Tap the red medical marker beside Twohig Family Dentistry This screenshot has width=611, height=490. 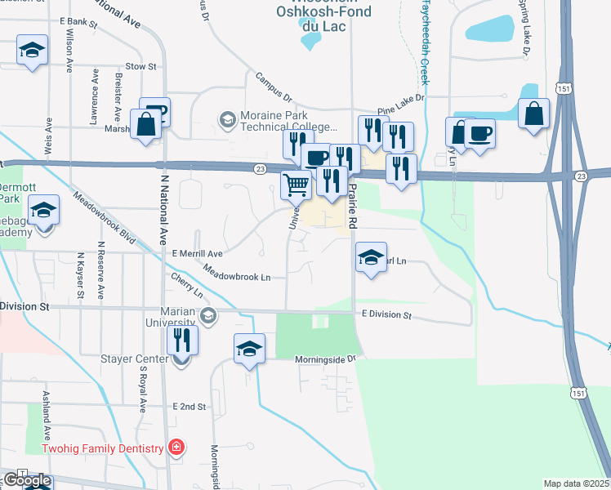click(176, 448)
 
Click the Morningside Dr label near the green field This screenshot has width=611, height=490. click(325, 359)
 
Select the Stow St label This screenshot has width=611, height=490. click(140, 67)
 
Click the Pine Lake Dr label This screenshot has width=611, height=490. click(401, 104)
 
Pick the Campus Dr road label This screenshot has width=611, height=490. click(273, 85)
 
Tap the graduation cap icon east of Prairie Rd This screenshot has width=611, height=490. click(371, 258)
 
